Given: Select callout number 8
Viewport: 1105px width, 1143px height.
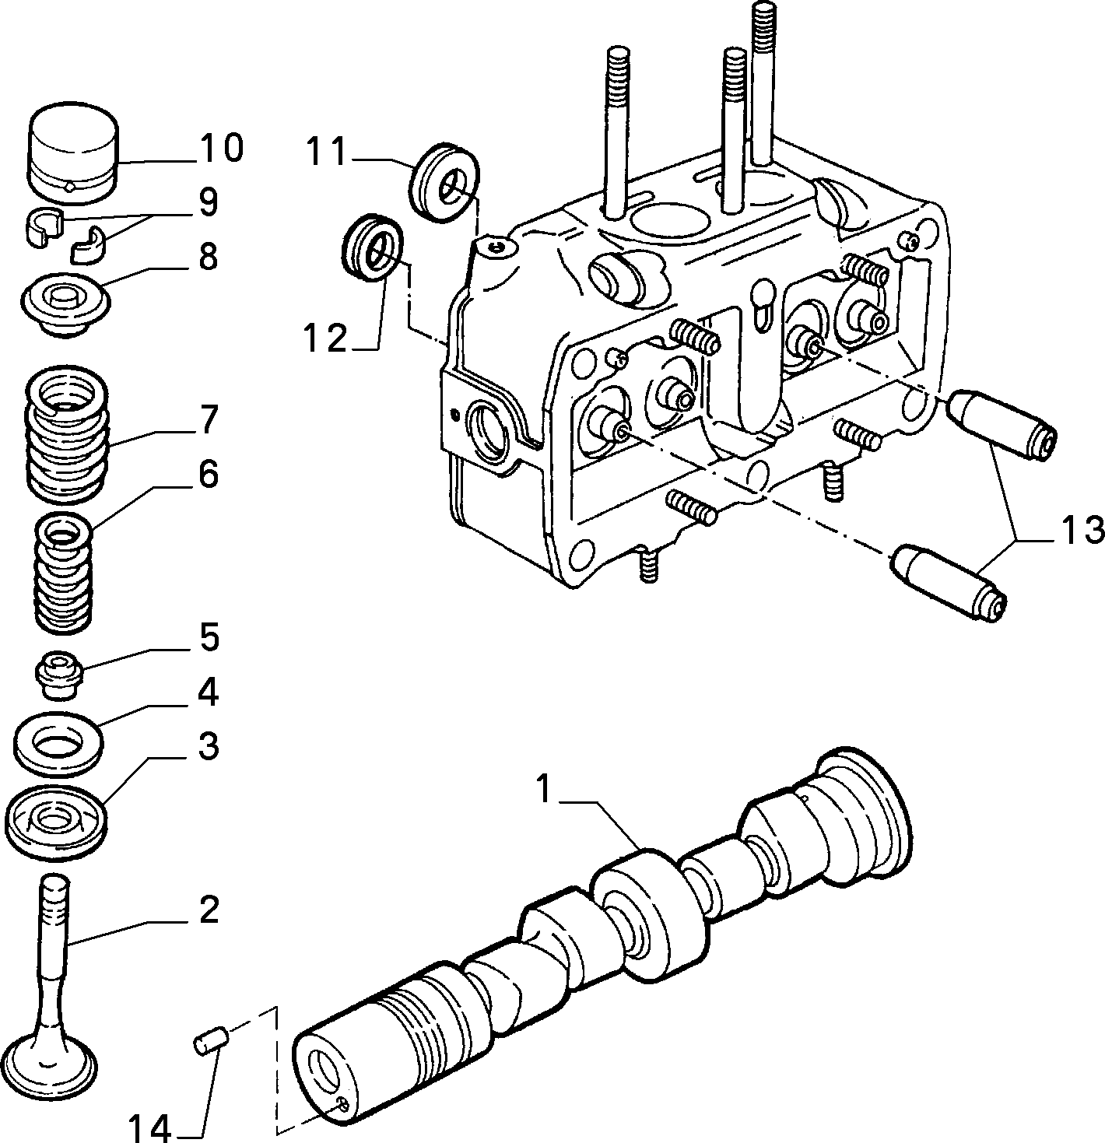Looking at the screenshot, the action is pyautogui.click(x=208, y=257).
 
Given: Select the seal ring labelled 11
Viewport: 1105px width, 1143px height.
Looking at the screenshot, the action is pyautogui.click(x=443, y=181).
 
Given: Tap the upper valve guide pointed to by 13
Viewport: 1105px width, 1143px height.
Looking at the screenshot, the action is pyautogui.click(x=1001, y=424).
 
